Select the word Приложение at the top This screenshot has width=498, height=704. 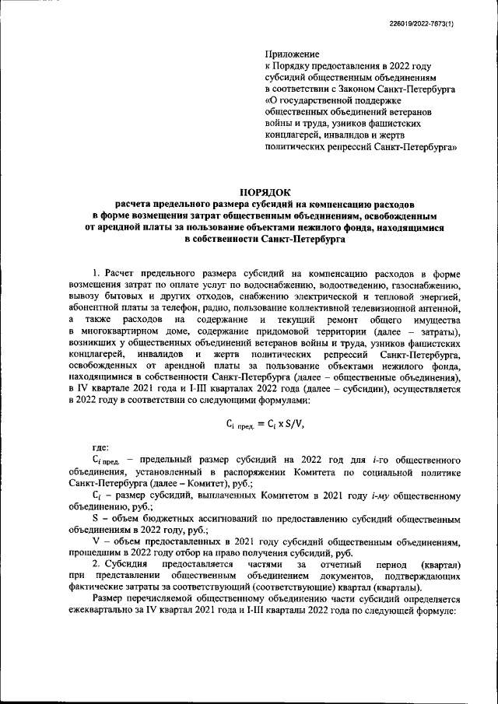point(292,54)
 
